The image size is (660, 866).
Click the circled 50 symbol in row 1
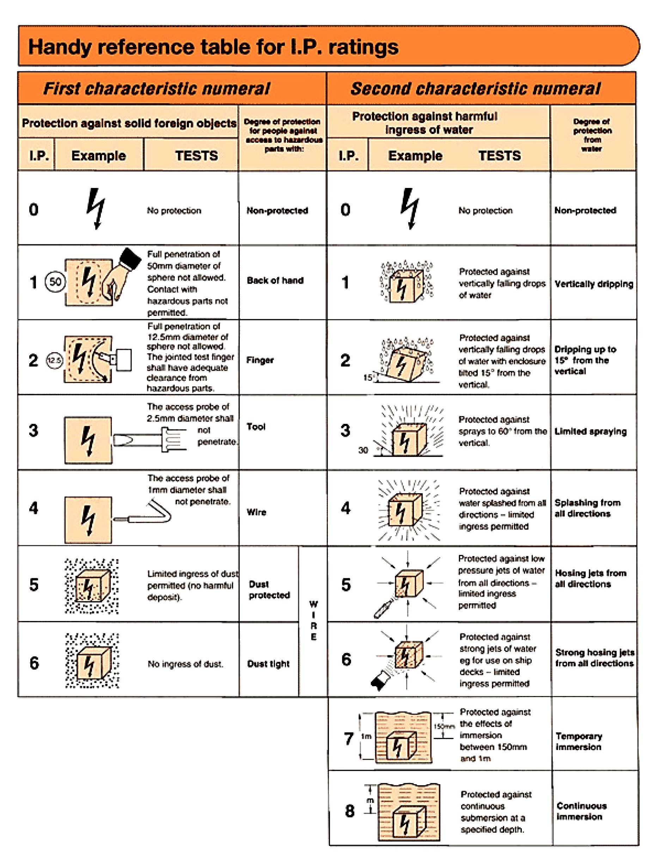[x=55, y=281]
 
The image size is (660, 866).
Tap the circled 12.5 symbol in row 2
[x=54, y=360]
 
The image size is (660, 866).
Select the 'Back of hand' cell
[x=275, y=281]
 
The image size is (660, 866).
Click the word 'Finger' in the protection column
[x=260, y=360]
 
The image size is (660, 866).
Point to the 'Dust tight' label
[x=268, y=664]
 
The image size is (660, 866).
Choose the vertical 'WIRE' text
[x=313, y=621]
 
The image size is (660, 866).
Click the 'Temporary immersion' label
[x=579, y=742]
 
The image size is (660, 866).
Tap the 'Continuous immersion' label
[x=581, y=811]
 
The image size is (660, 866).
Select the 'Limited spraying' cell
[x=590, y=432]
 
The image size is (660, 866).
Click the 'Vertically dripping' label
[x=594, y=284]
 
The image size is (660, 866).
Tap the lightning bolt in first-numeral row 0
[x=96, y=208]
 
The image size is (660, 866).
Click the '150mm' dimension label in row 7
[x=444, y=726]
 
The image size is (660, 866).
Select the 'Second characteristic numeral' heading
[x=475, y=89]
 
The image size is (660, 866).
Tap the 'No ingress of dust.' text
[x=185, y=664]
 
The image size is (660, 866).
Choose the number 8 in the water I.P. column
[x=350, y=811]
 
